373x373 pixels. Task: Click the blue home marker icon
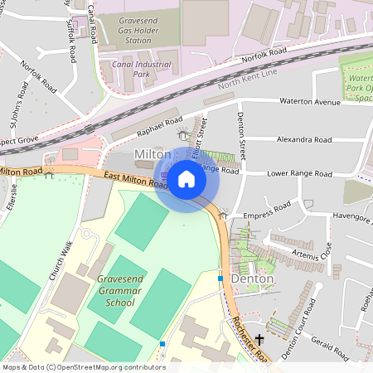coord(186,178)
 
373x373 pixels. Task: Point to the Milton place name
coord(153,155)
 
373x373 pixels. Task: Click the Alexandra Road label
coord(303,140)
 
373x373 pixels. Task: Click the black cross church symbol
coord(259,339)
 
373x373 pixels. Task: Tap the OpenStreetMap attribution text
coord(83,366)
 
